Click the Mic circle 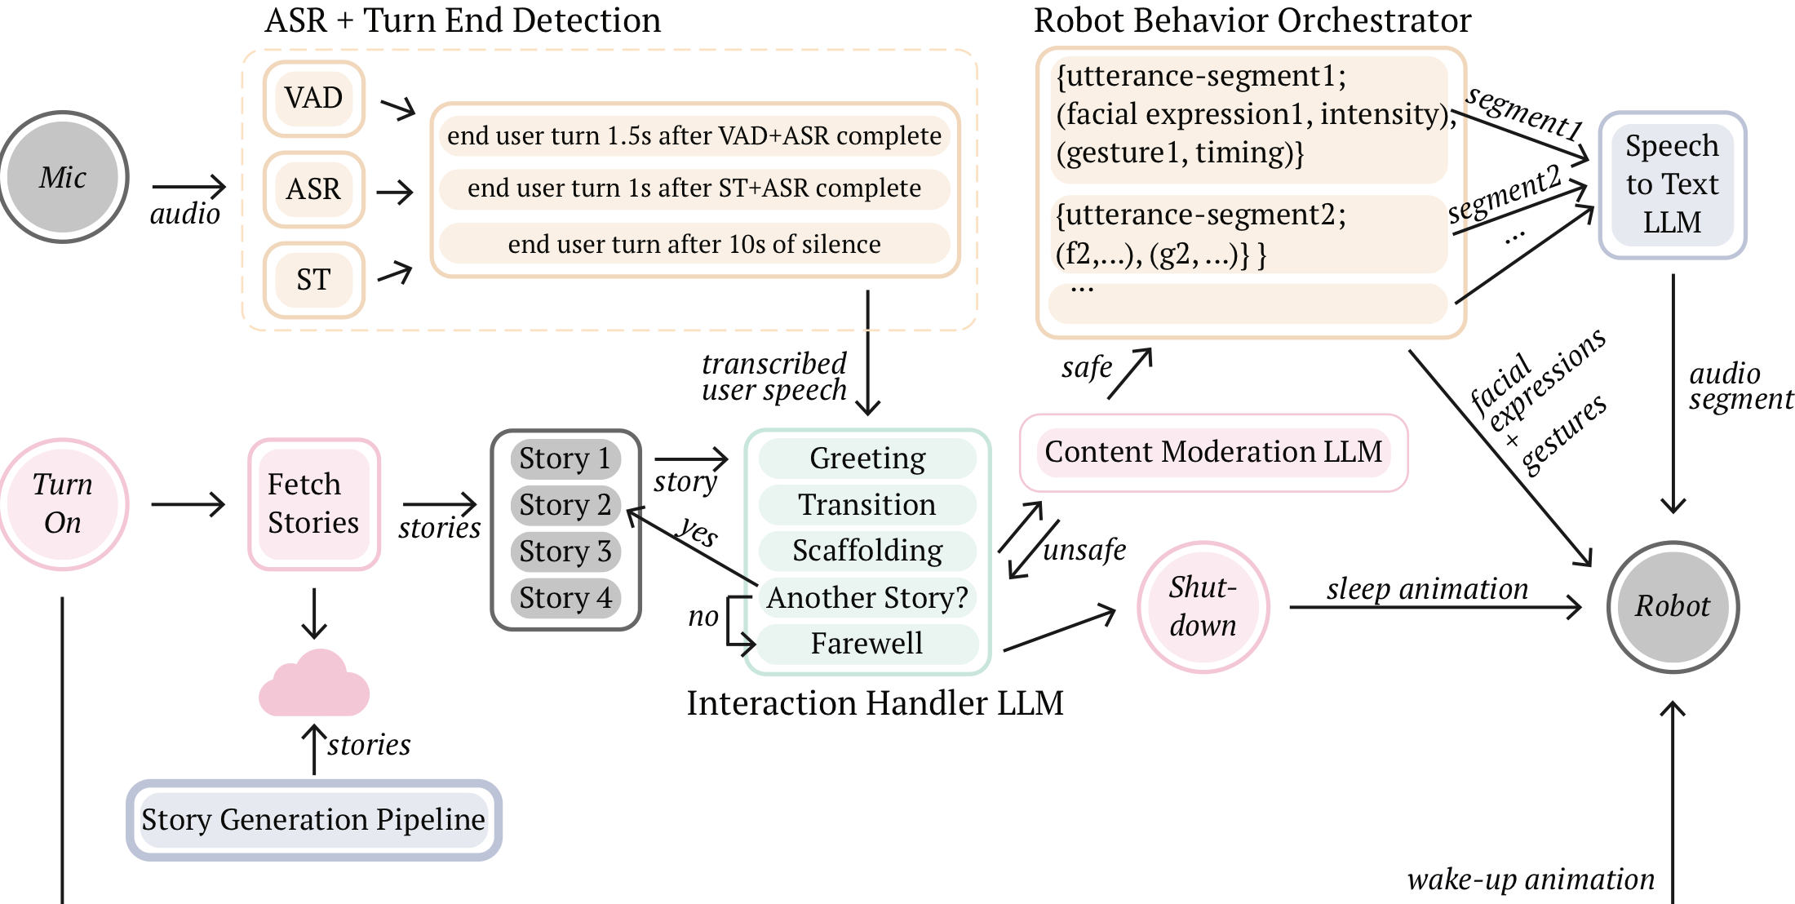pos(64,177)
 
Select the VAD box pos(313,99)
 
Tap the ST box pos(313,280)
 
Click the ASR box pos(313,189)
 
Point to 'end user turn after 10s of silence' pos(694,244)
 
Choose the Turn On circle pos(64,503)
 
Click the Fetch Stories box pos(314,503)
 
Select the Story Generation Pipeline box pos(314,819)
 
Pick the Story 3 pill pos(565,552)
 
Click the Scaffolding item pos(867,551)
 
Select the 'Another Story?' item pos(867,597)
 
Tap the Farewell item pos(867,644)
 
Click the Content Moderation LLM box pos(1213,452)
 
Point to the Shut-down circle pos(1203,606)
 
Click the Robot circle pos(1673,606)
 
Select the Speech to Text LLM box pos(1673,184)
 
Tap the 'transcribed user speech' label pos(773,377)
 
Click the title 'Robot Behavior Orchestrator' pos(1252,20)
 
